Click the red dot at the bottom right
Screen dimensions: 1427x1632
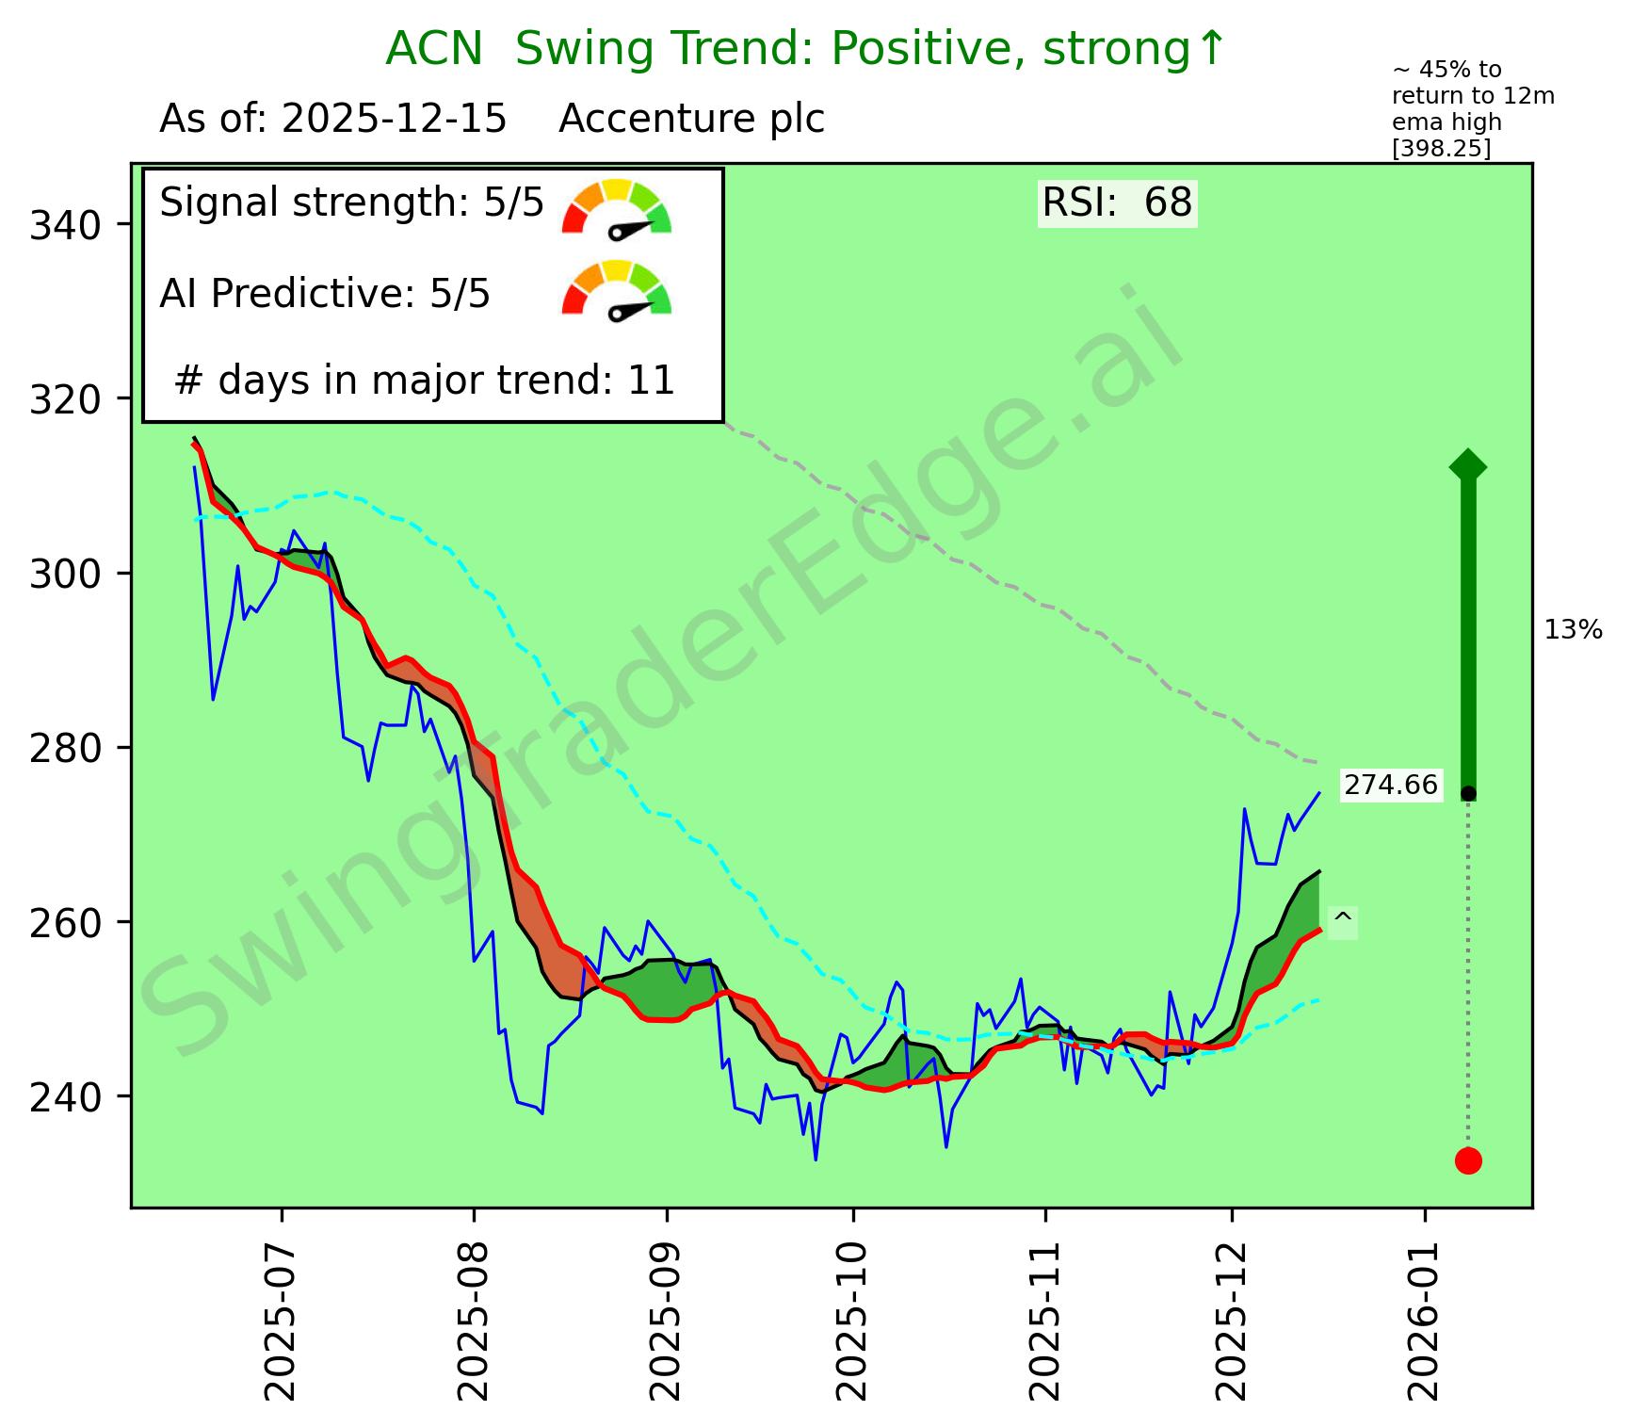[x=1468, y=1160]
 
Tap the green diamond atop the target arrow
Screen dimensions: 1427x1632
[x=1468, y=465]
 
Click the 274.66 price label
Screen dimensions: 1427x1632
[x=1391, y=785]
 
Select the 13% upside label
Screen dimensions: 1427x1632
[x=1573, y=630]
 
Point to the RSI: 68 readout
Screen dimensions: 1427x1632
[x=1117, y=203]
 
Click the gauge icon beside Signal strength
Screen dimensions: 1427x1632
[x=617, y=207]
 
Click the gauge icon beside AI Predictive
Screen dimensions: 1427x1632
[x=617, y=289]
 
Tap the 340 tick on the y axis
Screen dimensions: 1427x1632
[x=70, y=226]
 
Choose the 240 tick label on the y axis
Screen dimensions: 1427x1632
[x=70, y=1097]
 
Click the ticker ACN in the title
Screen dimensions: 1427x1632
[x=434, y=49]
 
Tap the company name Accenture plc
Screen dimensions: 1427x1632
[x=691, y=120]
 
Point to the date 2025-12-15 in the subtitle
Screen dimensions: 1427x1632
[x=395, y=120]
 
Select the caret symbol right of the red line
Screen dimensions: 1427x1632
[x=1343, y=918]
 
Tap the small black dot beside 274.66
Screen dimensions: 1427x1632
[x=1468, y=794]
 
